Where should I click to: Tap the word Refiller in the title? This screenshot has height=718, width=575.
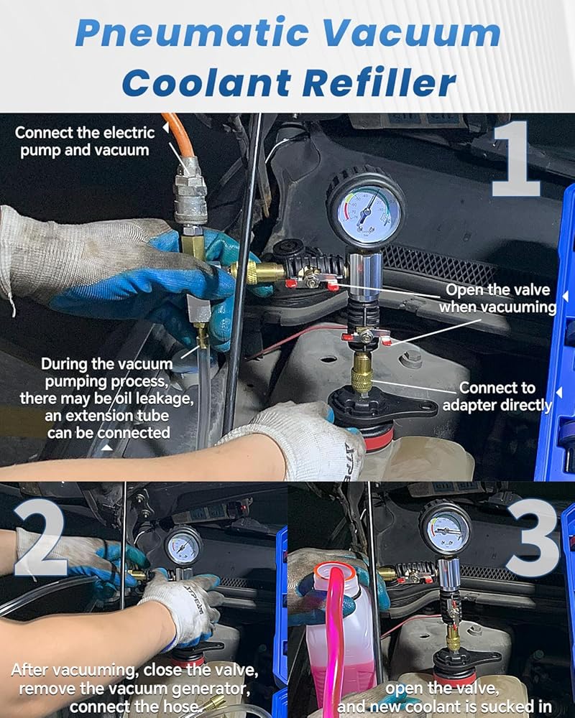point(379,83)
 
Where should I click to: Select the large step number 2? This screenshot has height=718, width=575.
point(41,539)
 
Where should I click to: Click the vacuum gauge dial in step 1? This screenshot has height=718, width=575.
point(365,211)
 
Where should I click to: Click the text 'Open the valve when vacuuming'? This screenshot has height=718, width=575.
point(497,299)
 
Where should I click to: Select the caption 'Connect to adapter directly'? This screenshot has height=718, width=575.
point(497,396)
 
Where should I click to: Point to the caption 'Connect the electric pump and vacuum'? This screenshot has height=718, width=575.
point(85,141)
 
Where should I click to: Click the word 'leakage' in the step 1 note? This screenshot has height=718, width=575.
point(164,398)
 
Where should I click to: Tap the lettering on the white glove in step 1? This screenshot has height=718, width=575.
point(352,462)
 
